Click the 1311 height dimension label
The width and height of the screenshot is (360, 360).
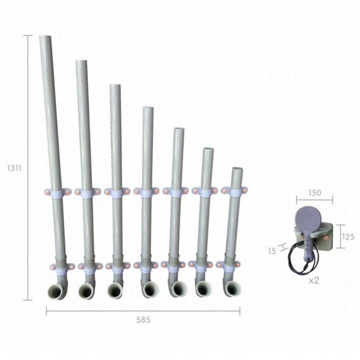point(13,168)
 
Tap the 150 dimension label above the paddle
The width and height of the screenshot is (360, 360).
point(314,193)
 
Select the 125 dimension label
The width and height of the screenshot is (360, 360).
point(349,237)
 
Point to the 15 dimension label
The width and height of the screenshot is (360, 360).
point(272,250)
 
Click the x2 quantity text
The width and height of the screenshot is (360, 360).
point(314,280)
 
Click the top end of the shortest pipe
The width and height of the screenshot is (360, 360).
point(237,169)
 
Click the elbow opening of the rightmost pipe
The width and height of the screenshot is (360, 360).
point(235,288)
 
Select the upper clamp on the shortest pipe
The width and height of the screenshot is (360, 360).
point(234,192)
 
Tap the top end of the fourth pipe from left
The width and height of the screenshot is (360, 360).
point(148,109)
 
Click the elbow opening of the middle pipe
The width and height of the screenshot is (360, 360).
point(150,289)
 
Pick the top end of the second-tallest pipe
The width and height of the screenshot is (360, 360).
point(82,62)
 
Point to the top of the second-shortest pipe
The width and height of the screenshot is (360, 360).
point(208,150)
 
